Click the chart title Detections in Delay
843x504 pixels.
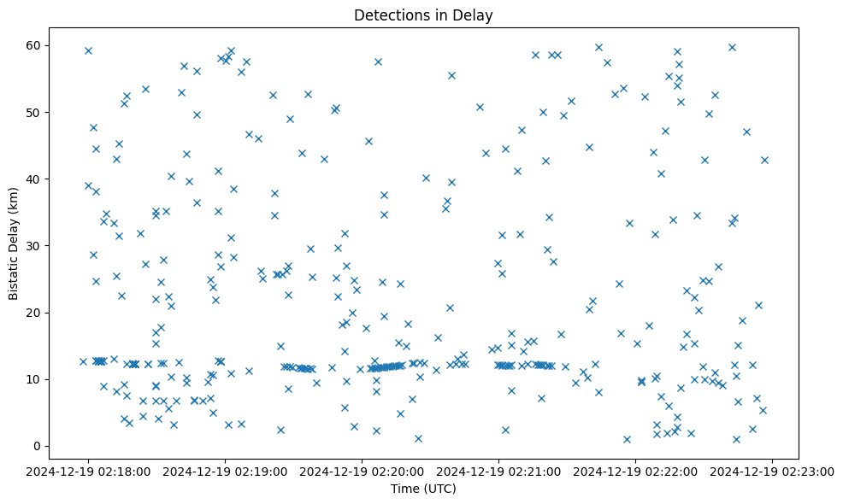[x=423, y=15]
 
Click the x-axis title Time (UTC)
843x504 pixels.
[x=423, y=489]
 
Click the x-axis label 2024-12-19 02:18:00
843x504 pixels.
[x=88, y=471]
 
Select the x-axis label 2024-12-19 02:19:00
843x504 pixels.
[x=225, y=471]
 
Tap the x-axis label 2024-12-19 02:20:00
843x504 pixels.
[x=363, y=471]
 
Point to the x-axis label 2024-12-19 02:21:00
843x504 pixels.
[x=499, y=471]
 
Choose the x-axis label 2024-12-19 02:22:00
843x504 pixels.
[x=636, y=471]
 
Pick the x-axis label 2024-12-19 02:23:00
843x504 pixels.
[x=773, y=471]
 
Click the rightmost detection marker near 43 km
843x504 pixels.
[x=764, y=160]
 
